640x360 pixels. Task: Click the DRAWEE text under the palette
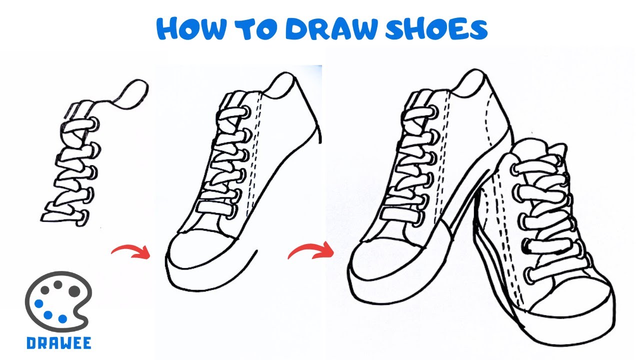coord(58,343)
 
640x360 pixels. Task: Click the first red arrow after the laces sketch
coord(131,251)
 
